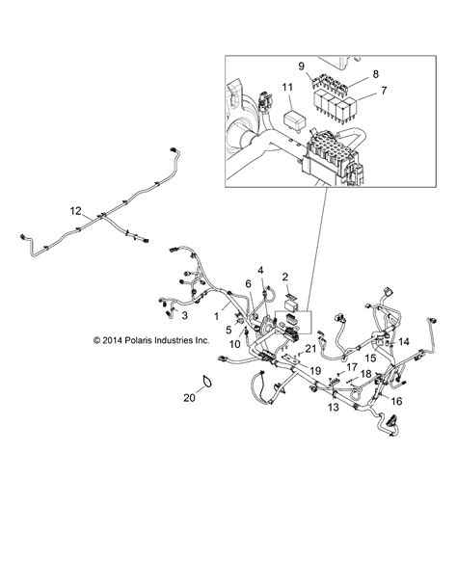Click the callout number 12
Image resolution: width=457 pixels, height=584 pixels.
click(76, 211)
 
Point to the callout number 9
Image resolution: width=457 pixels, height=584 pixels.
click(301, 66)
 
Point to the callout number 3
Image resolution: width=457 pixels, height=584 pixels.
click(185, 314)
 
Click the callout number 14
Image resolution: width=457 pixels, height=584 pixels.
click(403, 342)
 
